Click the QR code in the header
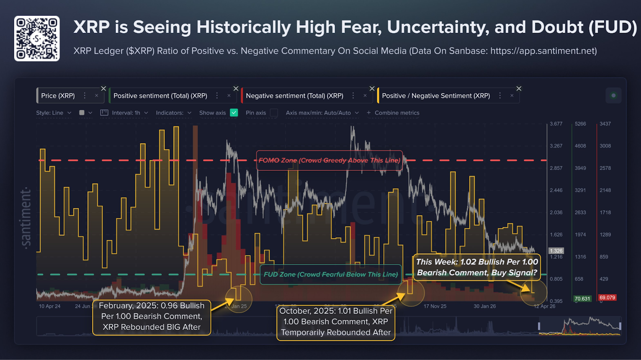37,38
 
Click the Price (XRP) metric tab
58,96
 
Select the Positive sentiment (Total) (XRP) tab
160,96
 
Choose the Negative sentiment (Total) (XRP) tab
294,96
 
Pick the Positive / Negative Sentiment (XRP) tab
436,96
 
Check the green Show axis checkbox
234,113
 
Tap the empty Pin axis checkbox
274,113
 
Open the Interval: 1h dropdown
124,113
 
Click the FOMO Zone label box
329,160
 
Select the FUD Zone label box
331,275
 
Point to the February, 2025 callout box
151,317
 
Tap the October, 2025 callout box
336,322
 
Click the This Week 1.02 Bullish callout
477,267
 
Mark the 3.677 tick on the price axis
556,124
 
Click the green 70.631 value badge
582,299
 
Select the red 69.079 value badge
607,297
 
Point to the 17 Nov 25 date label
435,306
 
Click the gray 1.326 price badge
556,251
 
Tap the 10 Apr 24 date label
50,306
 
